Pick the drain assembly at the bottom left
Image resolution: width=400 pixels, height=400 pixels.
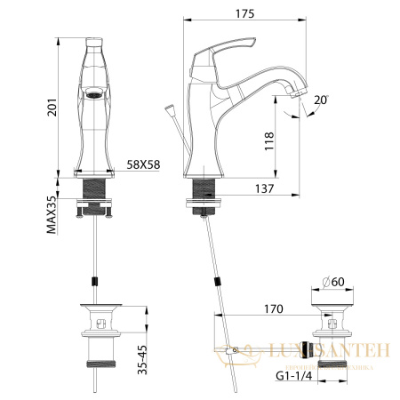(x=97, y=341)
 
